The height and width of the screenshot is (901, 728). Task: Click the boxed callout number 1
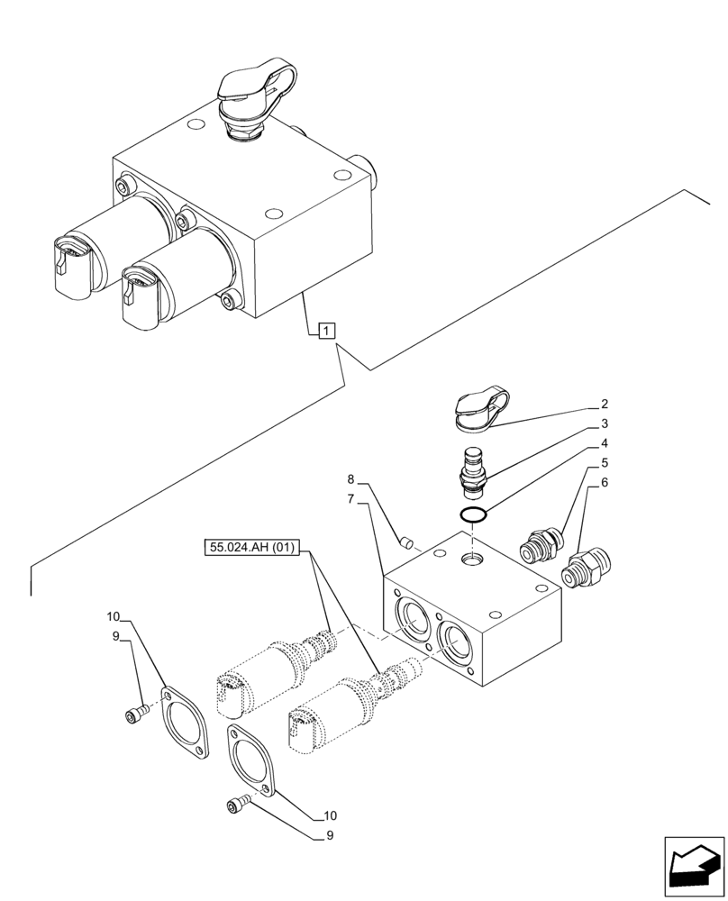pos(325,331)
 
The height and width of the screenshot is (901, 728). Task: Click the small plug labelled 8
pos(406,542)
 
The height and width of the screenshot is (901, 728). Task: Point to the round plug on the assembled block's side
pos(363,168)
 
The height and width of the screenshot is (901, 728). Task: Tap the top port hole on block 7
pos(471,560)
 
